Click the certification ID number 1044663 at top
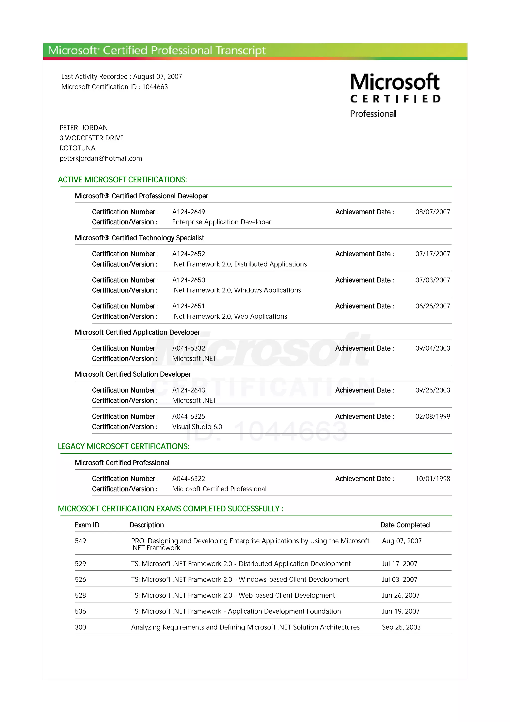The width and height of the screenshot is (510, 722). point(155,87)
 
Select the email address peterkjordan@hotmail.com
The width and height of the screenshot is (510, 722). point(101,158)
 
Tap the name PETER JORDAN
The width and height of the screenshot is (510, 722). point(84,128)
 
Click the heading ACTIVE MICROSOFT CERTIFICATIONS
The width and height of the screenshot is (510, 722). point(122,180)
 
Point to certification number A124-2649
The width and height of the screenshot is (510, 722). point(189,212)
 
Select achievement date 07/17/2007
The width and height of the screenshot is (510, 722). point(432,254)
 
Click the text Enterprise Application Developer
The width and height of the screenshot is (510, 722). point(222,222)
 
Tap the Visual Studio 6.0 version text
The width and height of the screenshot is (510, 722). point(197,427)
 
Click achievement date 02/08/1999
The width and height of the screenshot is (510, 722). point(432,416)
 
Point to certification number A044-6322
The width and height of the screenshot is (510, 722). point(189,479)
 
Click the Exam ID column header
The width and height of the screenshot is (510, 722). point(87,525)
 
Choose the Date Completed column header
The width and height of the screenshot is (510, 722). point(405,525)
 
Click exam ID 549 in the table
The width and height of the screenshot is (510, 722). point(80,541)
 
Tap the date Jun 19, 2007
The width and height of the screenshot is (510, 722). point(401,611)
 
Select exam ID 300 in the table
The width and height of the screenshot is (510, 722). point(80,627)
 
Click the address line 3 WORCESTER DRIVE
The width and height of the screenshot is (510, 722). point(91,138)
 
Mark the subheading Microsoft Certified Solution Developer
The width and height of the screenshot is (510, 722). point(133,374)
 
